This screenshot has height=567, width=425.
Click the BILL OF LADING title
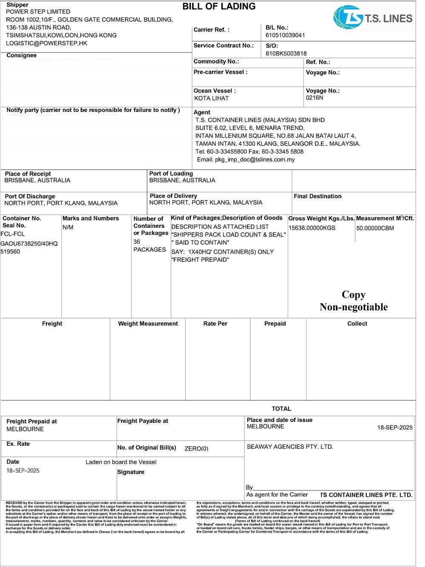219,6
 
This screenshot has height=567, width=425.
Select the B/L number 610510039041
285,35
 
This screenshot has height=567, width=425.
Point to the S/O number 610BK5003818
286,54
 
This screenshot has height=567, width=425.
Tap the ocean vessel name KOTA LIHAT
211,98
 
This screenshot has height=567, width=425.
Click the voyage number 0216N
314,98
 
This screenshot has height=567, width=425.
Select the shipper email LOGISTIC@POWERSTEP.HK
46,43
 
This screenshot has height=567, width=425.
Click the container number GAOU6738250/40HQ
29,244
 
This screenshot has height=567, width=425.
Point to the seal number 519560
10,251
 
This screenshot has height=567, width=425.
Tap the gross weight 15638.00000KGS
312,228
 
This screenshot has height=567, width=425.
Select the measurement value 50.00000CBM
375,228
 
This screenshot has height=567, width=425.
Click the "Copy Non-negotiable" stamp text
354,301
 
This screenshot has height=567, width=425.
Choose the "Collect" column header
357,324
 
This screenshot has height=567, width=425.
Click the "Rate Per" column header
215,324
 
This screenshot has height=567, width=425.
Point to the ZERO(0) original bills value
196,448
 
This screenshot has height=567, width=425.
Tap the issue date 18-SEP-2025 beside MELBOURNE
395,427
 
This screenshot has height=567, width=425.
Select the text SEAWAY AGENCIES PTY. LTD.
290,447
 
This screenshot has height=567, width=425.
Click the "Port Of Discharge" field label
30,197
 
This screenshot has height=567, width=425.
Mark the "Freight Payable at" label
142,421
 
